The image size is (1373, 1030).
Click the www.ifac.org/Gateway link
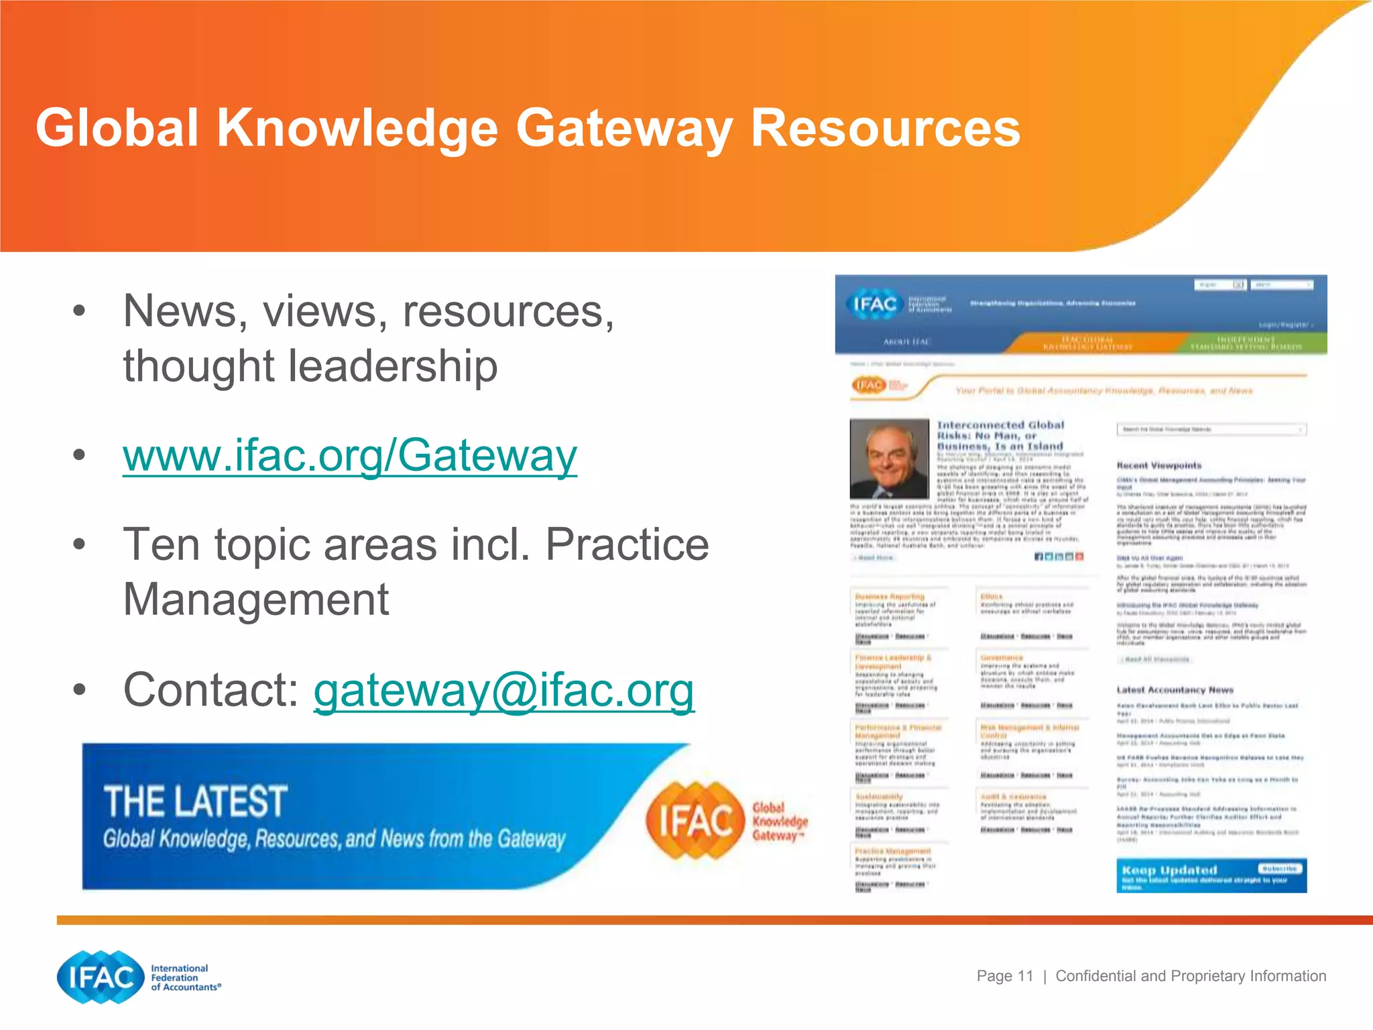pos(349,455)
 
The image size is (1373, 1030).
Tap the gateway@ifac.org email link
pos(504,690)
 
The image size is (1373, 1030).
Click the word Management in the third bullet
pos(256,599)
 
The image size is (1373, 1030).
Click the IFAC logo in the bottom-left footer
pos(101,977)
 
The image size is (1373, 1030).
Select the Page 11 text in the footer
pos(1004,976)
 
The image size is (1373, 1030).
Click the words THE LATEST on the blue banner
pos(195,801)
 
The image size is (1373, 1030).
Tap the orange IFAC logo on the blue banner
pos(695,820)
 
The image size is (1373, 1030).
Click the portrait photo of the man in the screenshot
pos(889,459)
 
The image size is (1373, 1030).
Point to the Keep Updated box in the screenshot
pos(1211,875)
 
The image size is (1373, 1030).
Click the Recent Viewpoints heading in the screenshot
pos(1158,465)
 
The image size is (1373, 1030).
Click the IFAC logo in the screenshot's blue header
pos(874,304)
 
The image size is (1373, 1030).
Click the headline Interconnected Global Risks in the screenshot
pos(1000,435)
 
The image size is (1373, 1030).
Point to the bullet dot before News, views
pos(79,310)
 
